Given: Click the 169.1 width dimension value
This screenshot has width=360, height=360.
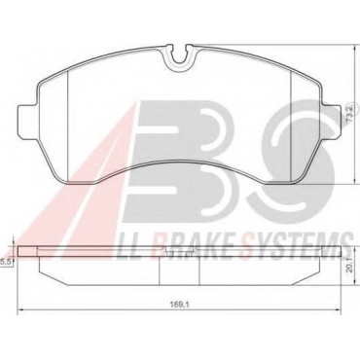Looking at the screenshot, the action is pyautogui.click(x=176, y=304).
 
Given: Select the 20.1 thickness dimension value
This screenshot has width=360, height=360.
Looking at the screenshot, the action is pyautogui.click(x=348, y=269).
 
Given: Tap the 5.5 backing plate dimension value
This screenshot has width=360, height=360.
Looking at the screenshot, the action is pyautogui.click(x=6, y=262).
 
